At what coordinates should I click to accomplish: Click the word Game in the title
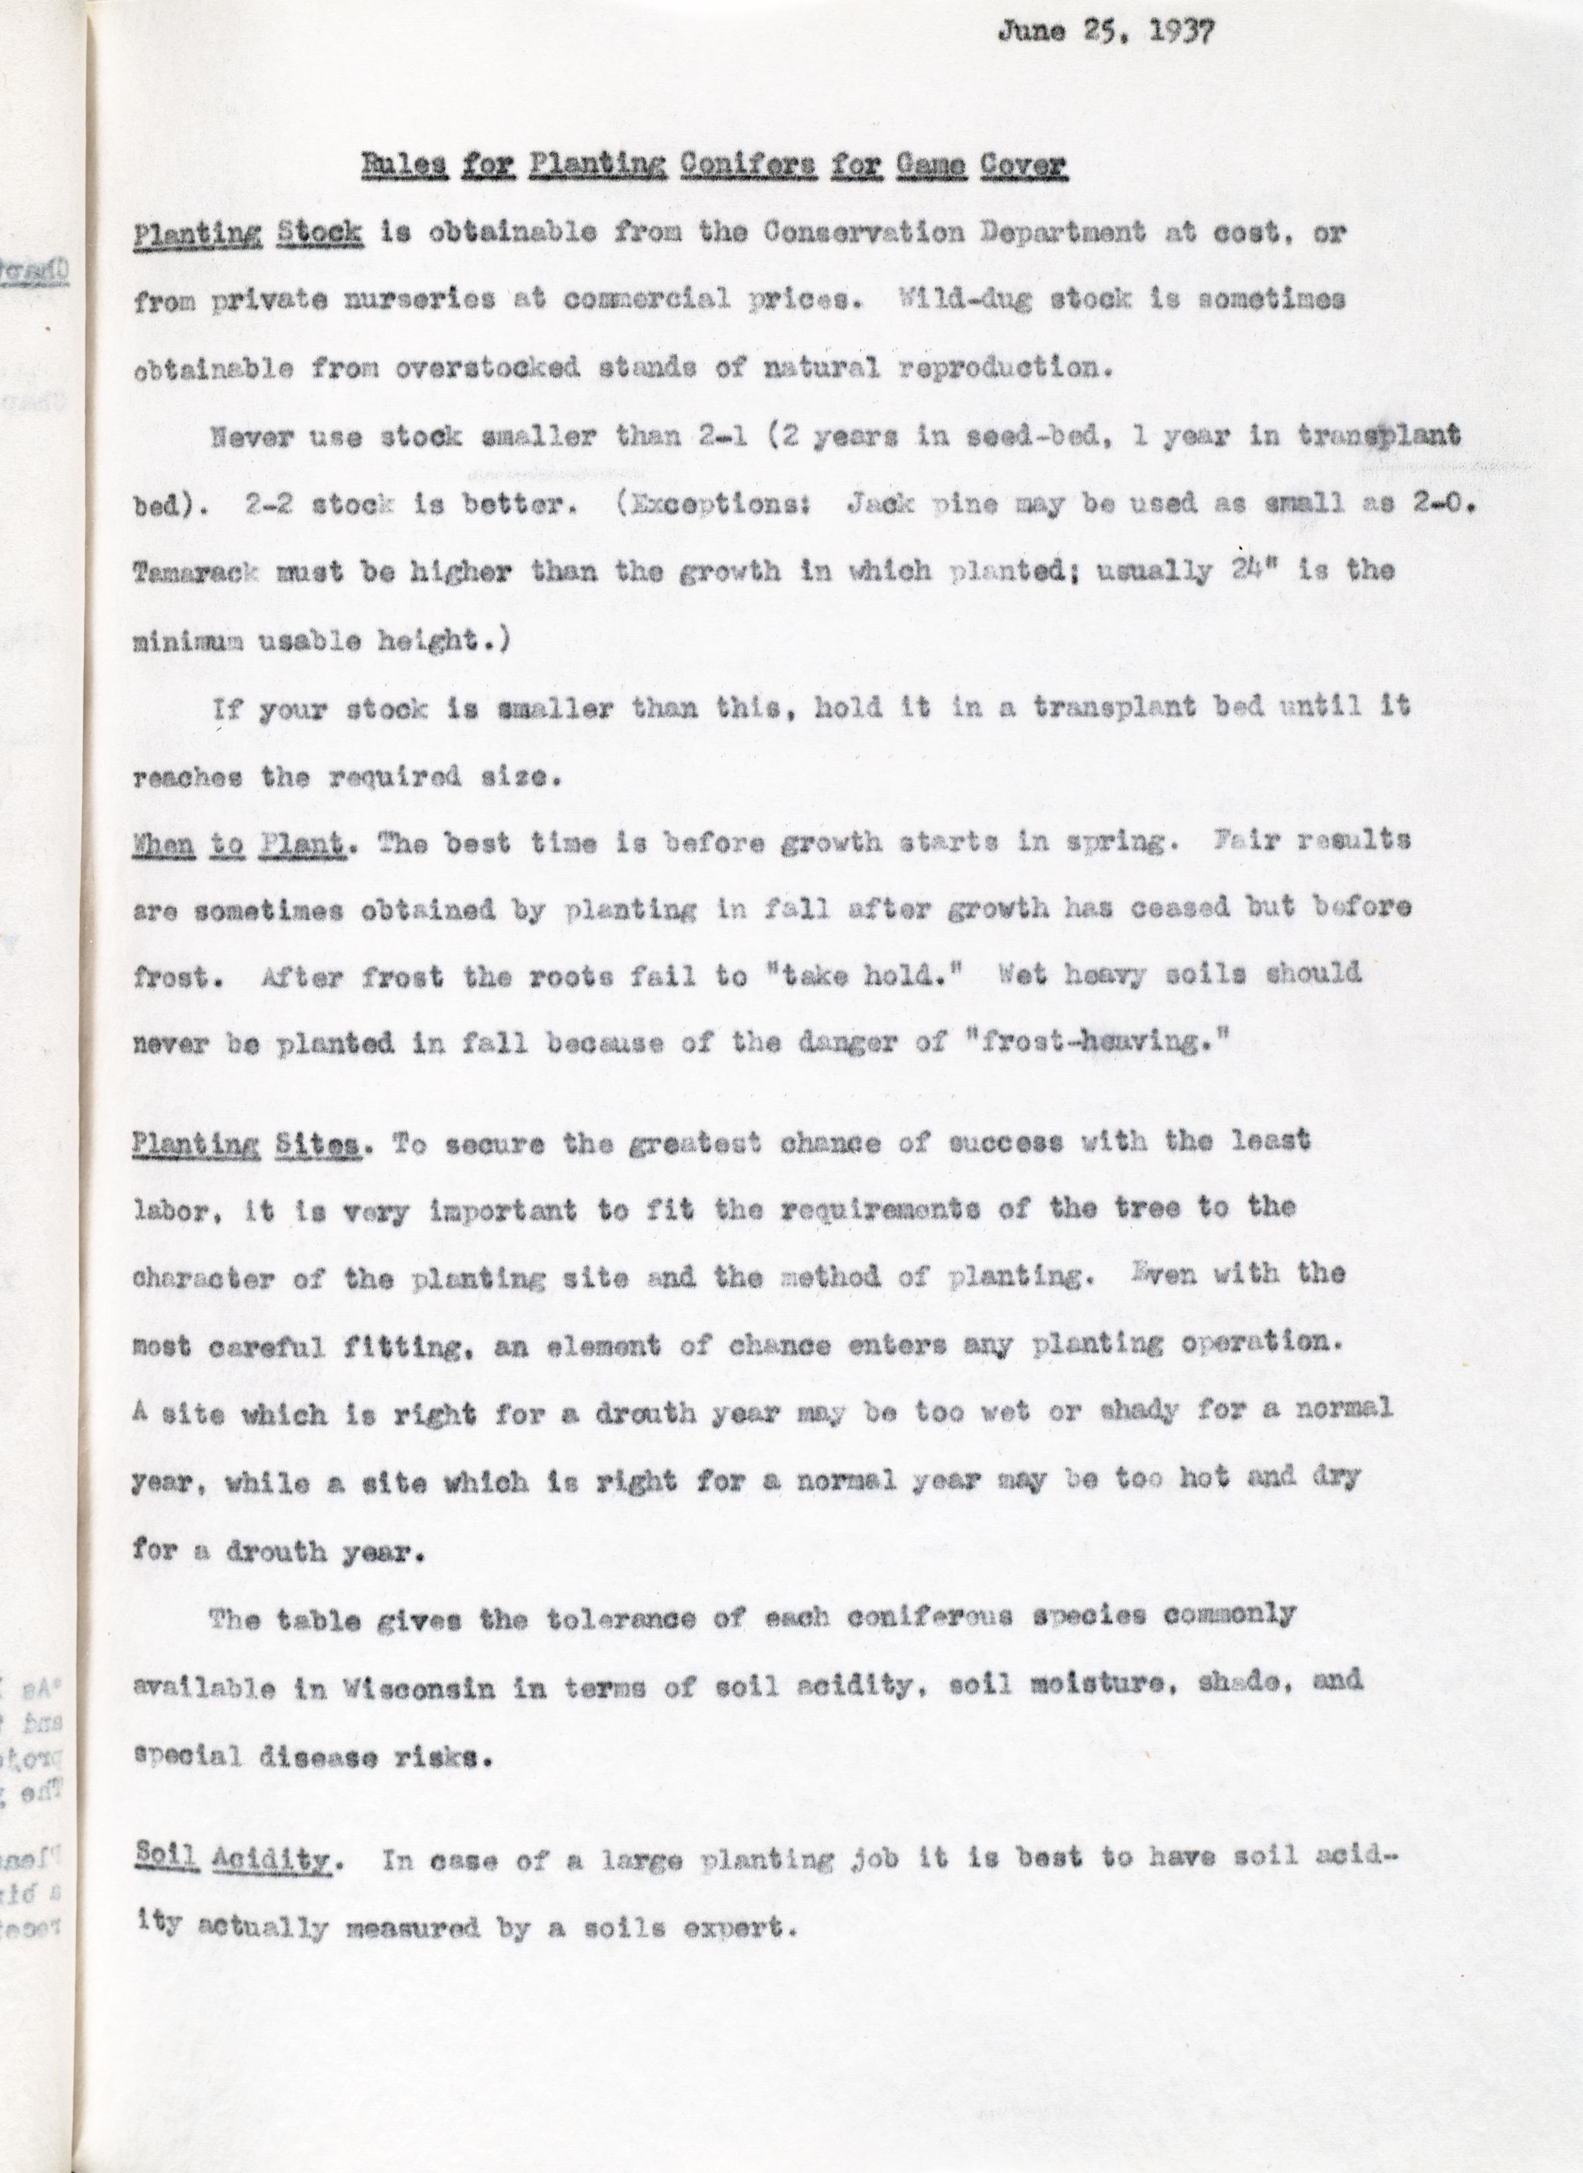tap(930, 166)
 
